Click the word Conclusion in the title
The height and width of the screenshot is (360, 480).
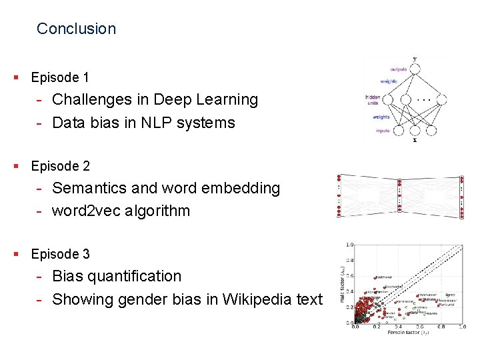pyautogui.click(x=76, y=29)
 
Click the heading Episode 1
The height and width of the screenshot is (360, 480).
pyautogui.click(x=60, y=77)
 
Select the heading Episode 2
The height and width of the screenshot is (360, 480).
pyautogui.click(x=60, y=166)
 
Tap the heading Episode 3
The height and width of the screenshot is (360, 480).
pyautogui.click(x=60, y=254)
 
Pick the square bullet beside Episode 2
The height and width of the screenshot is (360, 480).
pyautogui.click(x=16, y=166)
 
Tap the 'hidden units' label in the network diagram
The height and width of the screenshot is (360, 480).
pyautogui.click(x=373, y=101)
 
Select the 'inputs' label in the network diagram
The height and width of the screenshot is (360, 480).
pyautogui.click(x=382, y=131)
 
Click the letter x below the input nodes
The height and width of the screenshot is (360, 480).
pyautogui.click(x=415, y=140)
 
